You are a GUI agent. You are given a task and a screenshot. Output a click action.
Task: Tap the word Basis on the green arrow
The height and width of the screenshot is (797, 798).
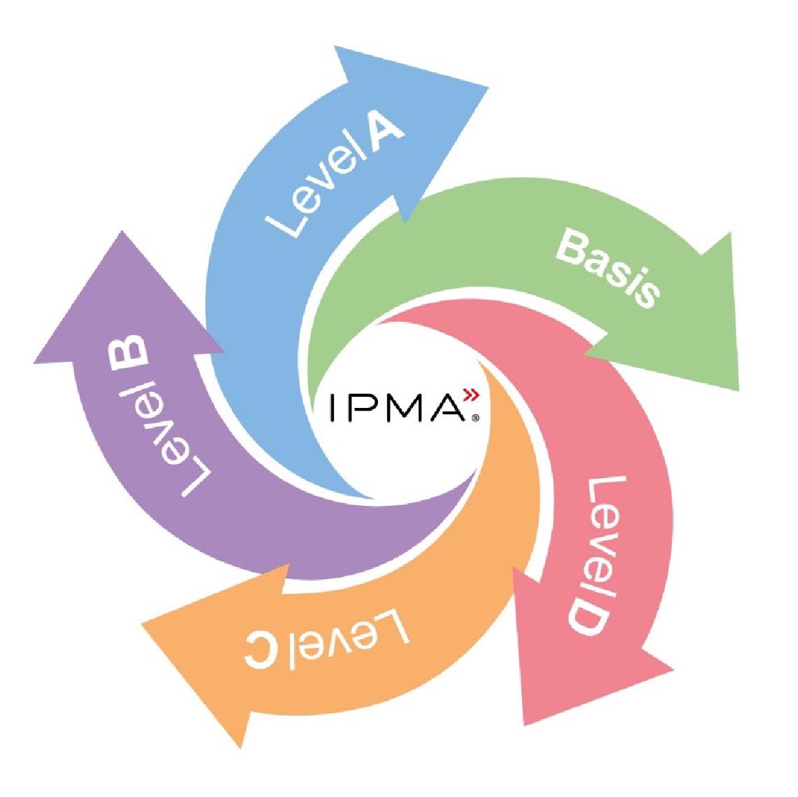coord(608,268)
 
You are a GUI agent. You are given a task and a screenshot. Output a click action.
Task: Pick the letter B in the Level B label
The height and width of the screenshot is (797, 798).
coord(127,352)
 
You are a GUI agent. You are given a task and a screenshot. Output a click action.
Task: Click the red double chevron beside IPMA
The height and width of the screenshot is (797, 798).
coord(471,395)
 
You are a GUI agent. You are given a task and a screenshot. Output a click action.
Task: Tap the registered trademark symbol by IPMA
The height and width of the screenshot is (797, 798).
coord(475,418)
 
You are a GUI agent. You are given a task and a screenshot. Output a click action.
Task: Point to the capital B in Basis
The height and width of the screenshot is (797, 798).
coord(573,246)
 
